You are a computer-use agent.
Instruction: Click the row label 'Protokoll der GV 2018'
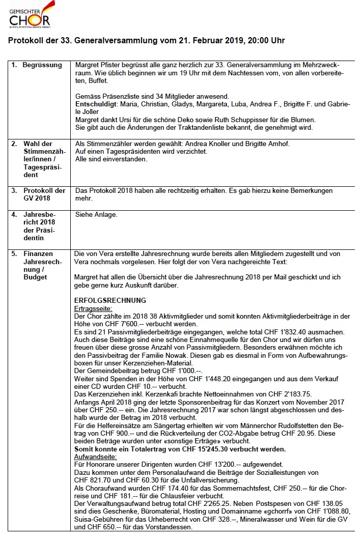(x=44, y=194)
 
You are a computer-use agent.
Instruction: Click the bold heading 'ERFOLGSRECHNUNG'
(x=110, y=300)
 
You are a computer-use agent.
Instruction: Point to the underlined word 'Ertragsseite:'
(x=93, y=308)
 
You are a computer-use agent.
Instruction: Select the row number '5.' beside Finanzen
(x=14, y=253)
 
